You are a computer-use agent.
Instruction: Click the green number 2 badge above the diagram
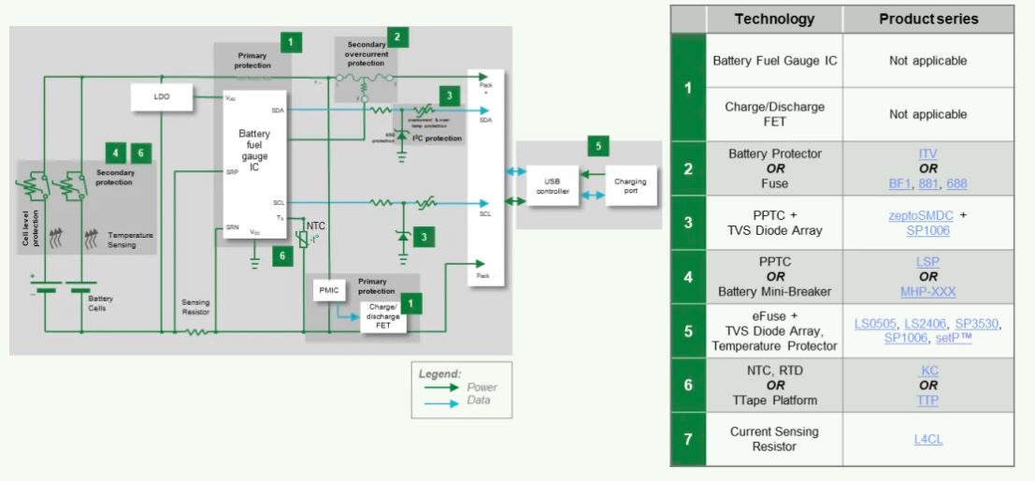coord(398,37)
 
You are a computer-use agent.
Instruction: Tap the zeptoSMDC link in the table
coord(921,214)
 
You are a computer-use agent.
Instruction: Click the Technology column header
coord(774,19)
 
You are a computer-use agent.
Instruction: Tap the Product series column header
coord(928,19)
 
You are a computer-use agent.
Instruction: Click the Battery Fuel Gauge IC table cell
coord(774,61)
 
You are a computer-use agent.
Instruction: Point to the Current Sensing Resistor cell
coord(774,439)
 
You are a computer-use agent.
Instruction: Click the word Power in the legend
coord(482,386)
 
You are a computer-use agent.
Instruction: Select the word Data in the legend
coord(478,401)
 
